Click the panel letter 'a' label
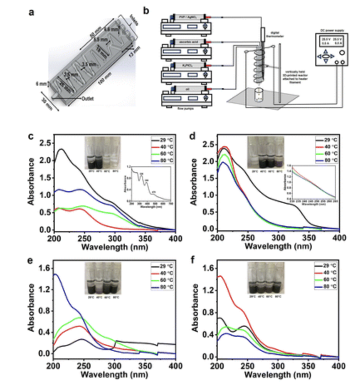32,12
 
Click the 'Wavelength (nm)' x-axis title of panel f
278,374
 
